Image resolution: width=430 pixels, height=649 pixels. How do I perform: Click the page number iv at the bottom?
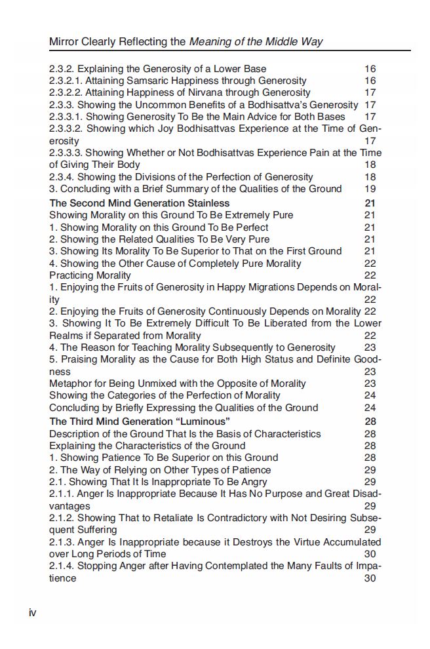pos(32,612)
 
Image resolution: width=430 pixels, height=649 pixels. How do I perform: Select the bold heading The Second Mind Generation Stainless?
pos(139,203)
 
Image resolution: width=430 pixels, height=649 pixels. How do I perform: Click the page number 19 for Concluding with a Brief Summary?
pos(370,189)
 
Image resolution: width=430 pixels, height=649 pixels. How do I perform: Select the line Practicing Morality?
pos(90,275)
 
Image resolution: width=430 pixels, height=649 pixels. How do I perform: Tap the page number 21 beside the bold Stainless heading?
pos(370,203)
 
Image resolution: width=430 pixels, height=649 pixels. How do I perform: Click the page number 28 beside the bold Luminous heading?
pos(370,421)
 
